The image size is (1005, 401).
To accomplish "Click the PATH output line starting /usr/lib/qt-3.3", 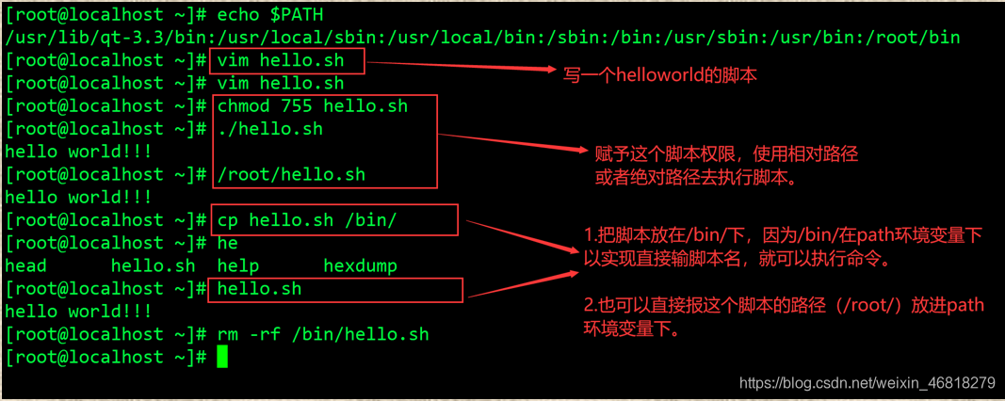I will point(482,38).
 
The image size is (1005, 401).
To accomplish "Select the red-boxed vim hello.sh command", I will point(281,61).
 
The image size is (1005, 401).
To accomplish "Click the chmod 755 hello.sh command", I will point(313,106).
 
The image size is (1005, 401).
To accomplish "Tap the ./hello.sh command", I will point(270,129).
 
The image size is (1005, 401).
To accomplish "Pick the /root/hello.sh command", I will point(291,174).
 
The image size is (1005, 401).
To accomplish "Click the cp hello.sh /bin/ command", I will point(307,220).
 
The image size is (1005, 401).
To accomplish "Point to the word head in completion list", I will point(25,265).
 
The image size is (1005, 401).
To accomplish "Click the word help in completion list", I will point(238,265).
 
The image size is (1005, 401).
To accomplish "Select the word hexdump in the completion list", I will point(361,265).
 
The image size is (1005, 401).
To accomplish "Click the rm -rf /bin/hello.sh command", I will point(323,334).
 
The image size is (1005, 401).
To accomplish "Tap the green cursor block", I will point(222,357).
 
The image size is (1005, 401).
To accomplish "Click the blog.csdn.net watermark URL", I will point(867,383).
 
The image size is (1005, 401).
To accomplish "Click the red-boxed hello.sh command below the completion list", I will point(259,289).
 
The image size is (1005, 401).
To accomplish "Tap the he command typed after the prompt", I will point(228,243).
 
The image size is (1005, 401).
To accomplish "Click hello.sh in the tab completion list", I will point(154,265).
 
